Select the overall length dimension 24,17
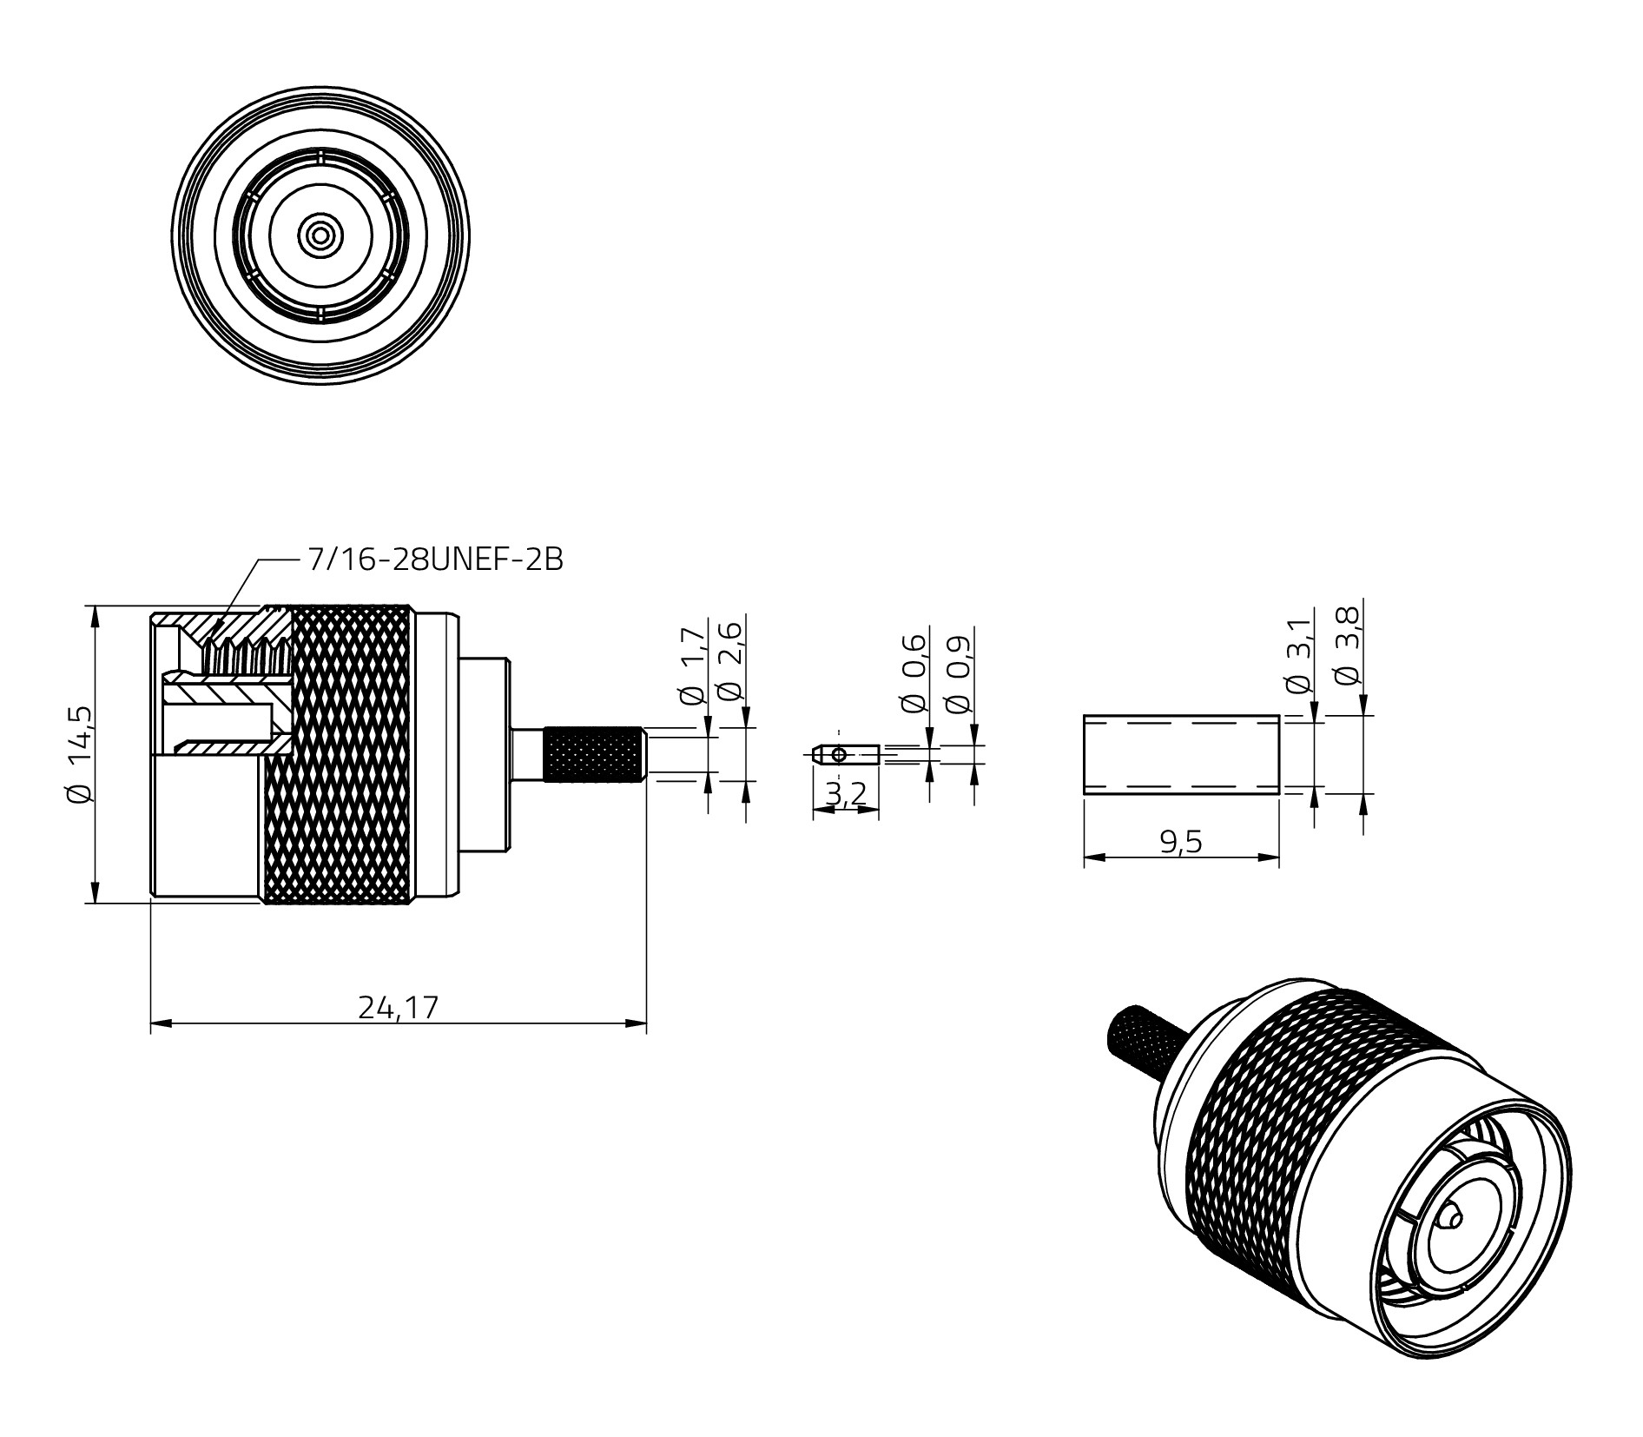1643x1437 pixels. click(x=399, y=1007)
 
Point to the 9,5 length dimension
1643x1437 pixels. click(x=1181, y=842)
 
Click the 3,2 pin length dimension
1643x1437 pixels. click(x=846, y=794)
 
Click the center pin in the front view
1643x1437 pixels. click(x=320, y=235)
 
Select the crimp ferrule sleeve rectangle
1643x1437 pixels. click(x=1181, y=754)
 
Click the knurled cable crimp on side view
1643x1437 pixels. click(x=595, y=754)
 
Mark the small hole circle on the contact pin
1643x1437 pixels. click(x=838, y=754)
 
